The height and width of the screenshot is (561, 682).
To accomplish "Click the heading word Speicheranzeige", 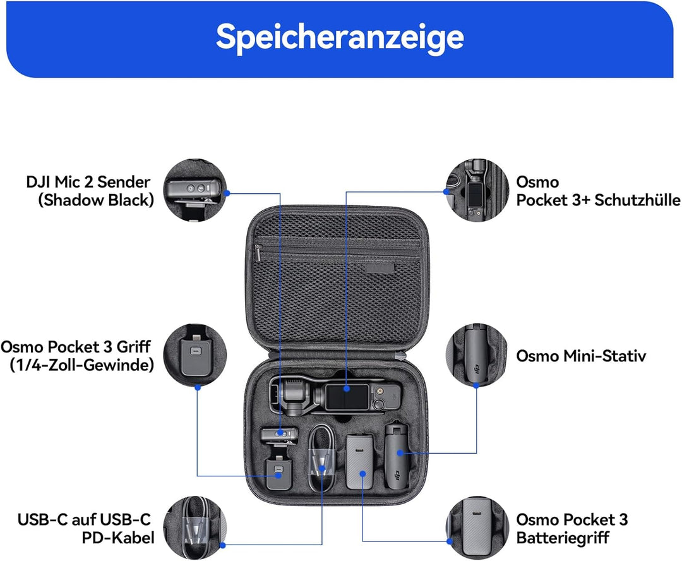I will click(x=340, y=38).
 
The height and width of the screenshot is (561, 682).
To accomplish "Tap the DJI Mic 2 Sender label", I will click(x=88, y=191).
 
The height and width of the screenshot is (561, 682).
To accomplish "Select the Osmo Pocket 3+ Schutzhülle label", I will click(x=597, y=191).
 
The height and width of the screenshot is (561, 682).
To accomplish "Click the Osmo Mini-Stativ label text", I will click(x=581, y=356).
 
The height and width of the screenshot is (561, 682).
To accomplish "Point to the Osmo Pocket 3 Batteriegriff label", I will click(x=572, y=528).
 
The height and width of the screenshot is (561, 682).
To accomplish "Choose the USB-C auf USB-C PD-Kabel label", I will click(x=85, y=528).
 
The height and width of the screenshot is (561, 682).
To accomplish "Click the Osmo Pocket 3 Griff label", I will click(x=77, y=356).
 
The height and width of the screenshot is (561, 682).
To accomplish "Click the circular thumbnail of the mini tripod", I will click(x=477, y=356).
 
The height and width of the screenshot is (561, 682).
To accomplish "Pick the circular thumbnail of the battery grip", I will click(x=477, y=528).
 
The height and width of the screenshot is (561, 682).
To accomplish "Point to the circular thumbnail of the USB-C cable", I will click(x=196, y=528).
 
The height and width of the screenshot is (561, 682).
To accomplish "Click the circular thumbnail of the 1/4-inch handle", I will click(x=196, y=356).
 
